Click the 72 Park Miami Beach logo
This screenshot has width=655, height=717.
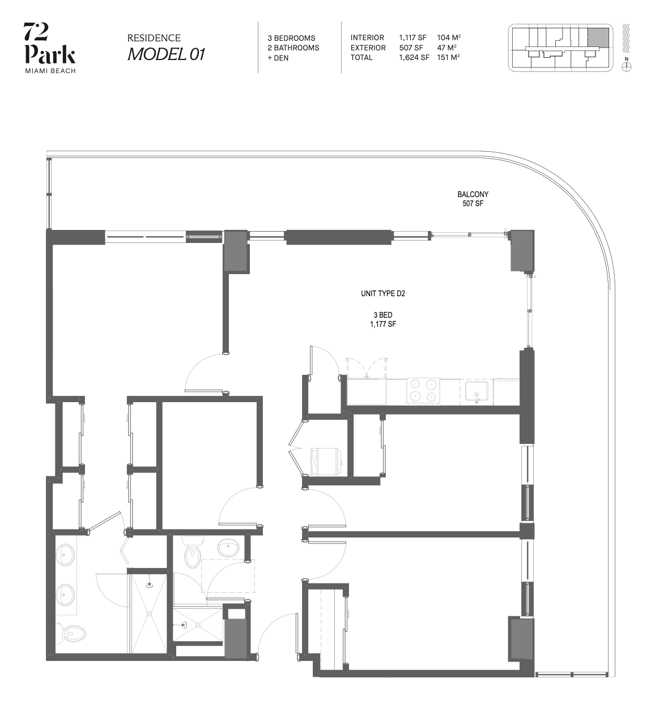49,48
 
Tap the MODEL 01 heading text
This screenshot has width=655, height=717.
166,54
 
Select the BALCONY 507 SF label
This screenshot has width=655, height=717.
473,199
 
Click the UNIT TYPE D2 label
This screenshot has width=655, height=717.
383,293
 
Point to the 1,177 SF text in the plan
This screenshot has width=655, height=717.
383,324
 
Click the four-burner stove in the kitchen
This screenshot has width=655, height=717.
423,391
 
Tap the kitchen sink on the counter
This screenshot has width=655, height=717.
477,391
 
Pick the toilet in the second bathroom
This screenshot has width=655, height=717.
193,552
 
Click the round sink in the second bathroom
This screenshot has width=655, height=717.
228,547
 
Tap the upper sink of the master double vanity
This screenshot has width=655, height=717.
65,556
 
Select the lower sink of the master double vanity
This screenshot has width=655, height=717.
65,595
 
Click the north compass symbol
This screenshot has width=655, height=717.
626,67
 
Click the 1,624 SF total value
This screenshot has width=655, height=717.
414,58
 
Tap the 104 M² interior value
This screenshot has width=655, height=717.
449,37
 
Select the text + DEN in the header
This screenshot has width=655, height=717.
278,58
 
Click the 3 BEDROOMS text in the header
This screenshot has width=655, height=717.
292,39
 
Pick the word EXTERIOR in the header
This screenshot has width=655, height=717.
368,48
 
